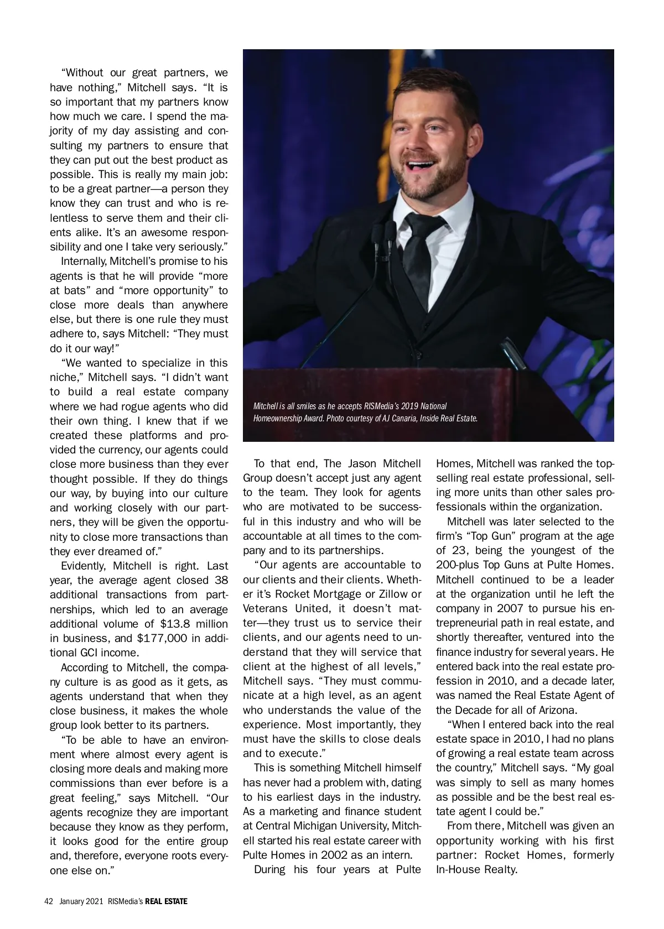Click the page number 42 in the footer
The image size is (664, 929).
[x=49, y=901]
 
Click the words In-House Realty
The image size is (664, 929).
[x=476, y=869]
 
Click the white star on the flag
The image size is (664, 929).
[x=428, y=54]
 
